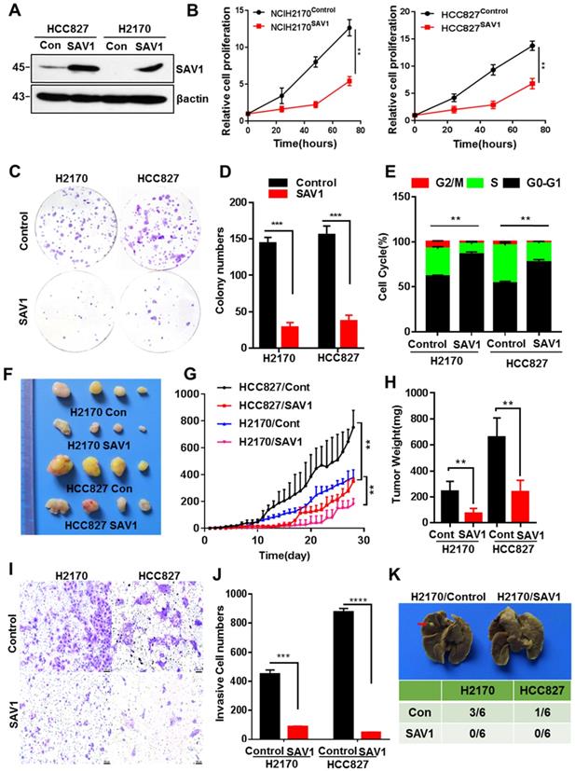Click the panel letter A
[x=11, y=11]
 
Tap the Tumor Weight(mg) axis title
[x=384, y=461]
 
